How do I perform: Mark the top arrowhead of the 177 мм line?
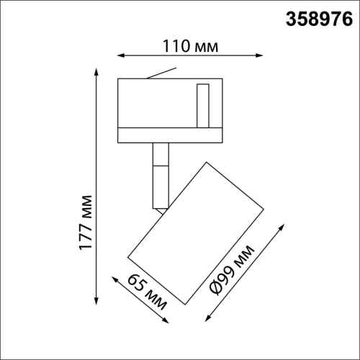[97, 71]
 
